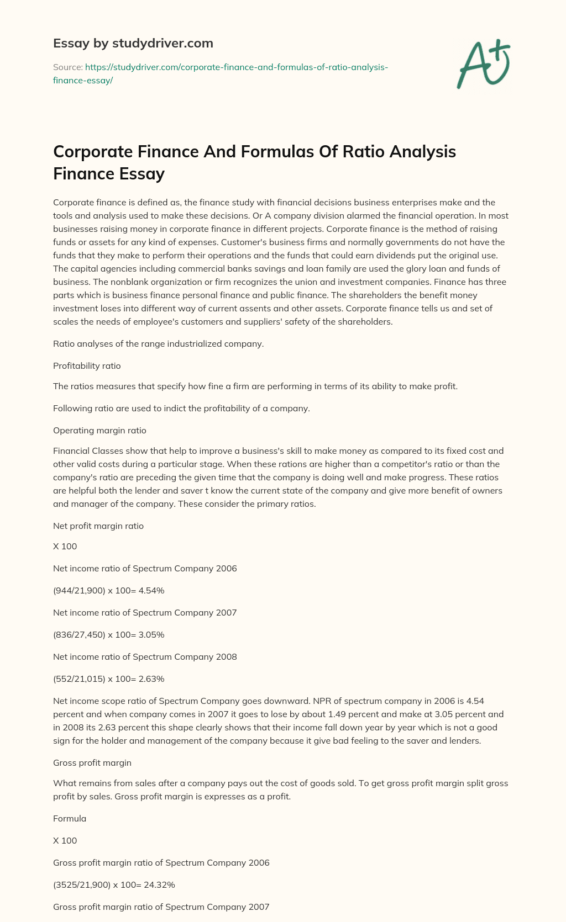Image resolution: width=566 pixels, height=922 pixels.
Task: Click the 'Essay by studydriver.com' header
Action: [x=133, y=43]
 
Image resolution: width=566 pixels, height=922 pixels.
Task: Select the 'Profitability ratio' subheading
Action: [x=87, y=365]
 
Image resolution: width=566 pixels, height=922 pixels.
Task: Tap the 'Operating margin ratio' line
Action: [x=99, y=430]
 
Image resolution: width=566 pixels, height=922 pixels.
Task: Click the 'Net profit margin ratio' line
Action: [x=98, y=526]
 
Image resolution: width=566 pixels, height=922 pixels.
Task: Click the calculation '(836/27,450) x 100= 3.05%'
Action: [x=109, y=635]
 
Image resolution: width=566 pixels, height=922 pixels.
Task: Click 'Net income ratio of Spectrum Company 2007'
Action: [x=145, y=613]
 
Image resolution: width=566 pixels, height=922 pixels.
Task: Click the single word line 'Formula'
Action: [x=70, y=819]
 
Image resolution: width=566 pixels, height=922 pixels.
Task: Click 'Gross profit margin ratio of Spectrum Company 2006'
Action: [x=161, y=863]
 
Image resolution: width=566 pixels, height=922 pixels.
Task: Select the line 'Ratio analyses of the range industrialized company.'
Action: [x=158, y=343]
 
